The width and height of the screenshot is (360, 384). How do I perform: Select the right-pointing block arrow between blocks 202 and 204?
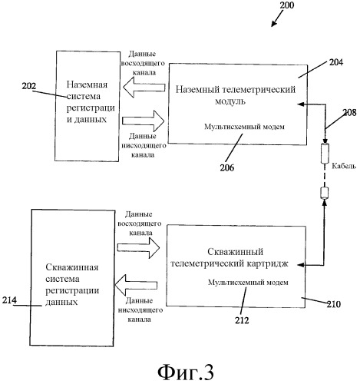[140, 119]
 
